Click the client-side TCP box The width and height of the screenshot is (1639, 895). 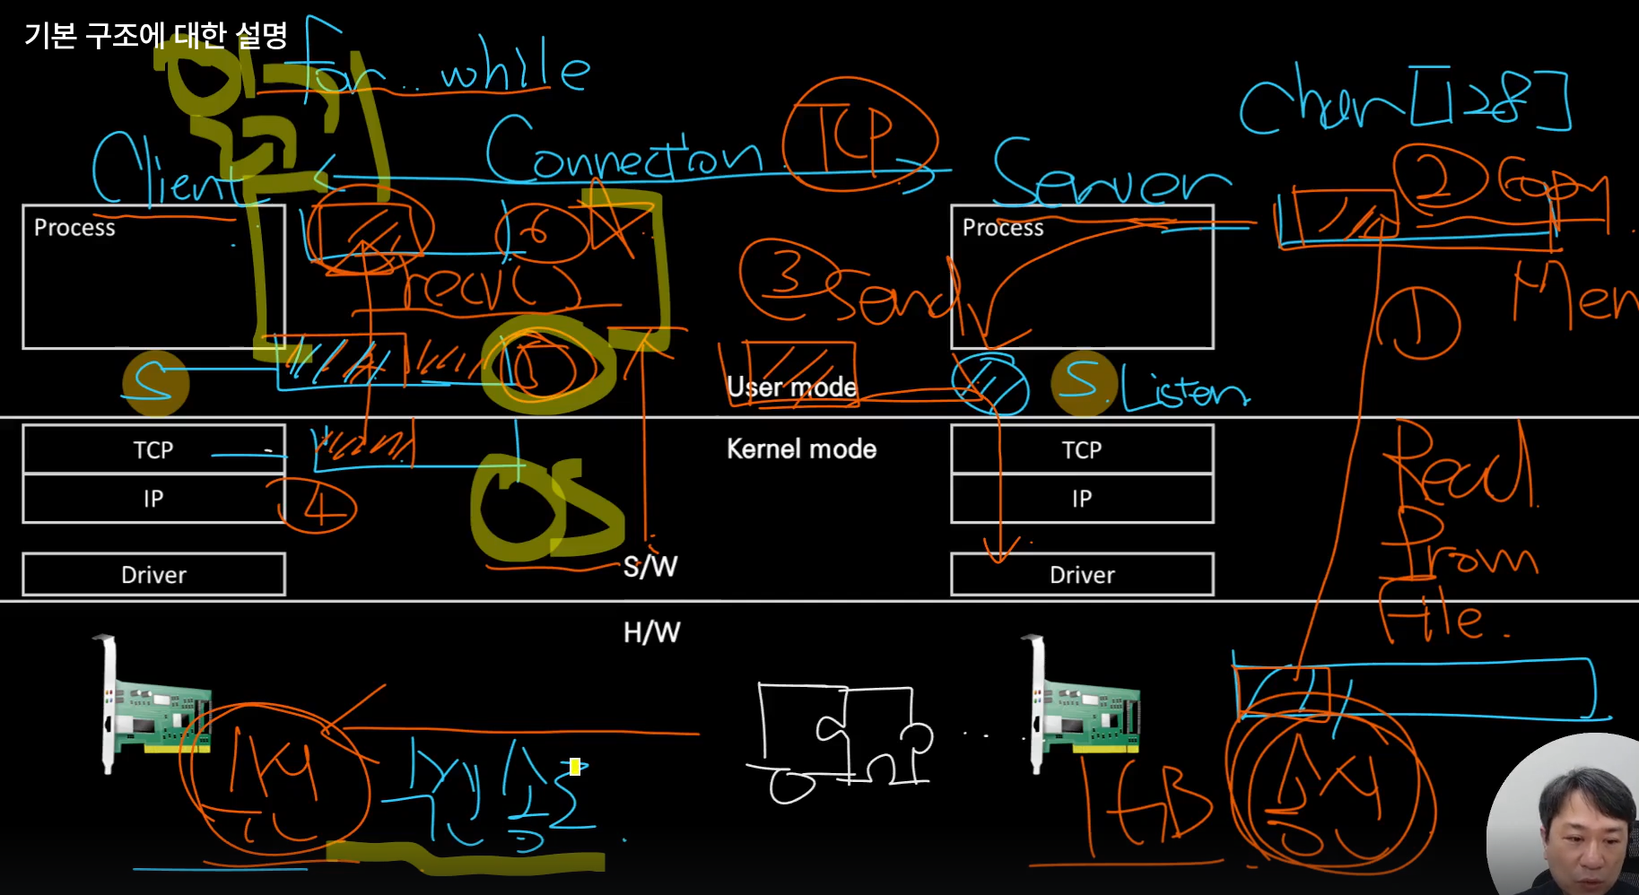point(153,449)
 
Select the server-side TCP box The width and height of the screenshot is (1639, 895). point(1082,449)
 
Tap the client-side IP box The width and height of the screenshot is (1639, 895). point(153,499)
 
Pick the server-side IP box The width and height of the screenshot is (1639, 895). point(1082,499)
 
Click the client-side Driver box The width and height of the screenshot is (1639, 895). point(153,575)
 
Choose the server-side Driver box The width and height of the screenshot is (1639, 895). point(1082,575)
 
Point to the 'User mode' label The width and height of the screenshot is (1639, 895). point(791,387)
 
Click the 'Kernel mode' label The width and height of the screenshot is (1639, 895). point(801,449)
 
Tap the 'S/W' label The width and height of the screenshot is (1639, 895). point(650,567)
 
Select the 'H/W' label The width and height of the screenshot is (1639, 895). point(651,633)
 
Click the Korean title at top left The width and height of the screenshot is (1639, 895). point(156,36)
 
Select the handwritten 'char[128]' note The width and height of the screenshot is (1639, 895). point(1404,100)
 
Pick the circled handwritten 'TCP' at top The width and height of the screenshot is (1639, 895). point(859,135)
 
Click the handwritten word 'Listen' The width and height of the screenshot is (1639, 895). point(1184,391)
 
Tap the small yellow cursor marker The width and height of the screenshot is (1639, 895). point(575,767)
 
